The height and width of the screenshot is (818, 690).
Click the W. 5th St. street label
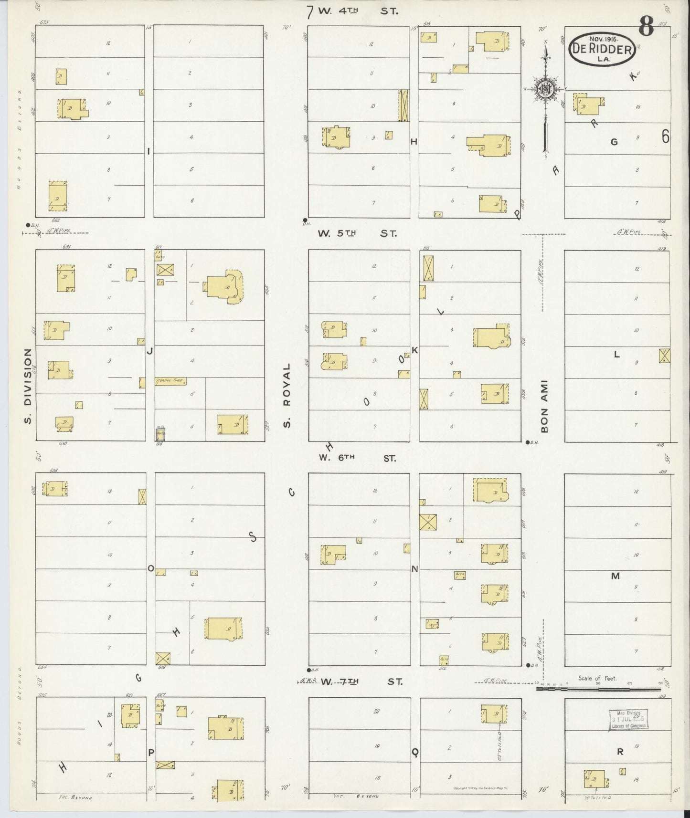357,233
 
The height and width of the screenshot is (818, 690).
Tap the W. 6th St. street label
357,458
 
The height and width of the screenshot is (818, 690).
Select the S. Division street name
28,386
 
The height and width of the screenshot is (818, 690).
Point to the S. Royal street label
287,395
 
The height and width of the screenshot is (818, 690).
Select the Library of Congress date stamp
628,719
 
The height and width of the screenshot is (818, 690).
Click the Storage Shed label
170,381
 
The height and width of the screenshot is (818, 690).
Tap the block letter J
149,351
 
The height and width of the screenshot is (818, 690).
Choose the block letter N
414,568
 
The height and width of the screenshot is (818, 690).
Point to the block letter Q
415,752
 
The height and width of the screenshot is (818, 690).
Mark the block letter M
616,576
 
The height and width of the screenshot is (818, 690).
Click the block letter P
151,753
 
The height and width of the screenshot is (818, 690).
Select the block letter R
620,752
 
